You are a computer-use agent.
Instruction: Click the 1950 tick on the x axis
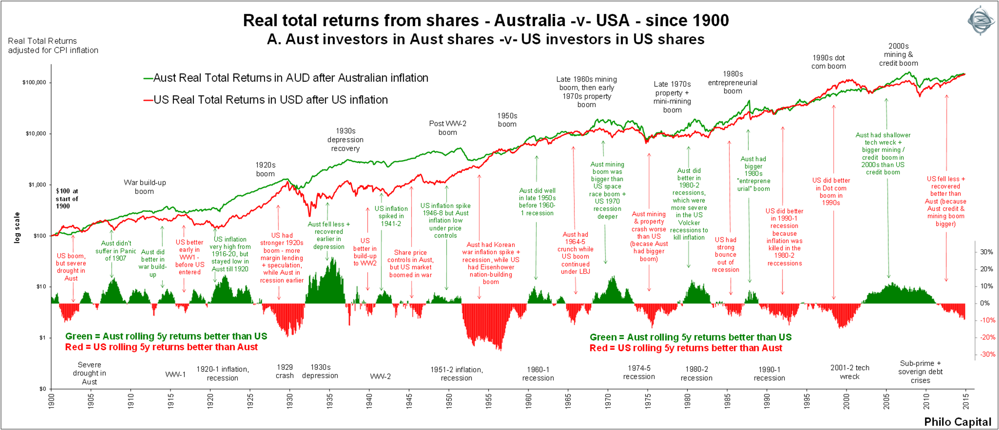[x=449, y=401]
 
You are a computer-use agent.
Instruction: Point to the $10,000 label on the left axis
[x=36, y=134]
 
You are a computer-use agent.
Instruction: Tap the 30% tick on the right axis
[x=986, y=252]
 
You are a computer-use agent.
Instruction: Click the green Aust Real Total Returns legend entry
[x=286, y=78]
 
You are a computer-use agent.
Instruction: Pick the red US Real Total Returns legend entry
[x=266, y=100]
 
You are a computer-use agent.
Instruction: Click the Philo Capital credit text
[x=957, y=422]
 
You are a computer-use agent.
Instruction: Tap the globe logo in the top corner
[x=981, y=20]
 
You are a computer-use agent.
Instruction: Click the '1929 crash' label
[x=285, y=371]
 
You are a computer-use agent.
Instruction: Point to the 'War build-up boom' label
[x=145, y=187]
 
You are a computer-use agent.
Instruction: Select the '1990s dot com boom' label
[x=828, y=62]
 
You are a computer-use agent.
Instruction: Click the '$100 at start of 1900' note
[x=67, y=199]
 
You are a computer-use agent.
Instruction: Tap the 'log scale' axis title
[x=17, y=228]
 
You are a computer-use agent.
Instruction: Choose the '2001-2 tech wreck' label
[x=850, y=372]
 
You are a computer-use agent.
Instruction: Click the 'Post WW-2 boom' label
[x=447, y=128]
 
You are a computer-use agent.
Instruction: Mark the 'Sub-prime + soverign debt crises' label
[x=920, y=372]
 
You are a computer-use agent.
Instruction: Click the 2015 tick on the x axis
[x=966, y=401]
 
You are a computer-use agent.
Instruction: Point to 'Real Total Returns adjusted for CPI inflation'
[x=53, y=46]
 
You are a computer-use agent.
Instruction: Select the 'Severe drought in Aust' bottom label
[x=89, y=373]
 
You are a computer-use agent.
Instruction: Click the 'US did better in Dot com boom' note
[x=831, y=191]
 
